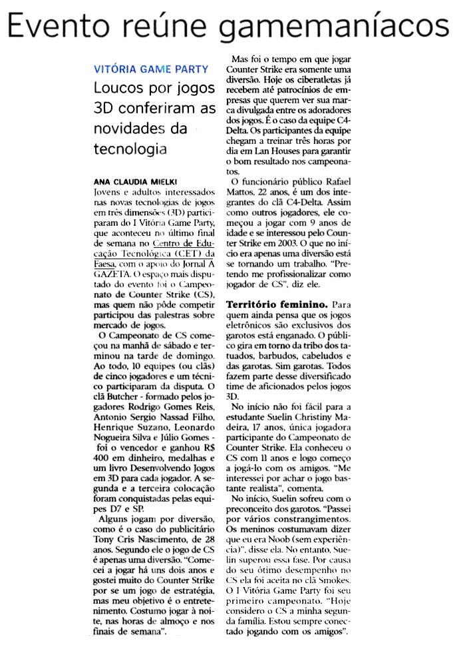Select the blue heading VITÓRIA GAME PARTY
point(151,69)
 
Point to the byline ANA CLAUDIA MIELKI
point(130,181)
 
